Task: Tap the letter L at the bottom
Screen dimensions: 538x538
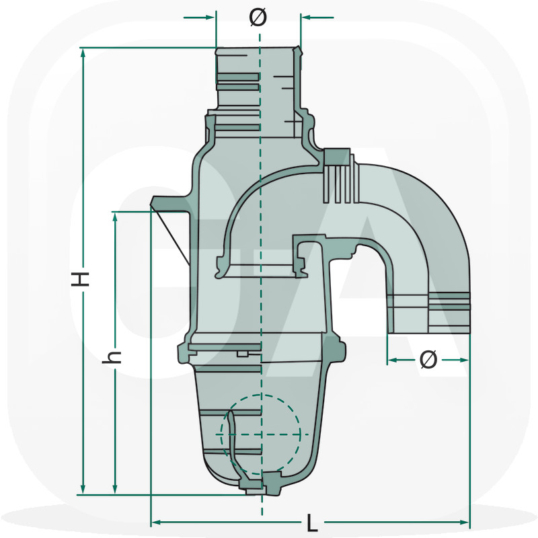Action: point(311,522)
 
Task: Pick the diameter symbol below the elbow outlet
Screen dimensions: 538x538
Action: point(428,360)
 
